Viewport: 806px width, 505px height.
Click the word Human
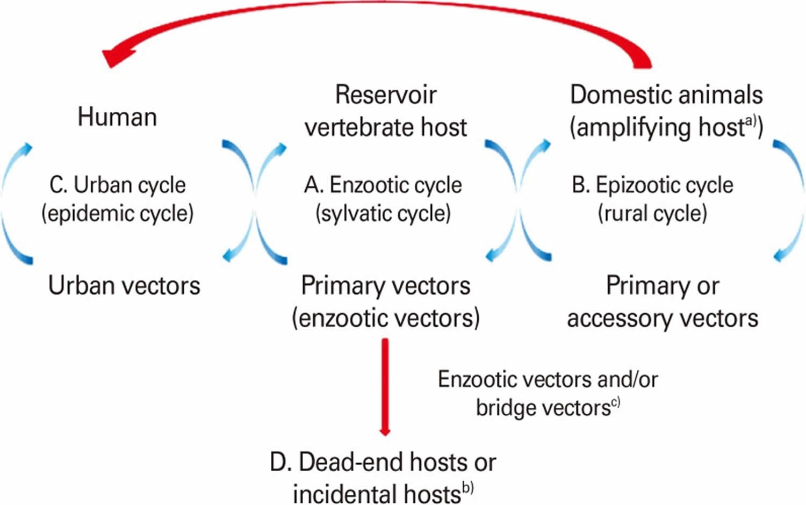[117, 117]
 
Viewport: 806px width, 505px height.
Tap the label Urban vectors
[124, 285]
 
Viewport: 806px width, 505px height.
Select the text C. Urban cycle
[117, 185]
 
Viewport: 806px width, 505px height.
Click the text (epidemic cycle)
[117, 213]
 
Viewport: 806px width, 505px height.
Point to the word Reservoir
[385, 95]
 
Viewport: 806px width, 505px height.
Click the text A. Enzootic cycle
[383, 185]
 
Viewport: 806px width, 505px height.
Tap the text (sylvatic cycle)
[383, 213]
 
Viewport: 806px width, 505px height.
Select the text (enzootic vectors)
[385, 318]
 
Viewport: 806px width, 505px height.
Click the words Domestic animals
[666, 95]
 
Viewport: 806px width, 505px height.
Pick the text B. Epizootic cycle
[652, 185]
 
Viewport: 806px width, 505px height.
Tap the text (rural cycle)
[652, 213]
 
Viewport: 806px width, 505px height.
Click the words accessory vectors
[663, 318]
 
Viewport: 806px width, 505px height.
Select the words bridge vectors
[543, 408]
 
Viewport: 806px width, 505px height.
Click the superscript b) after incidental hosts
[467, 489]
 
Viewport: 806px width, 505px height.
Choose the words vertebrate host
[385, 128]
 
